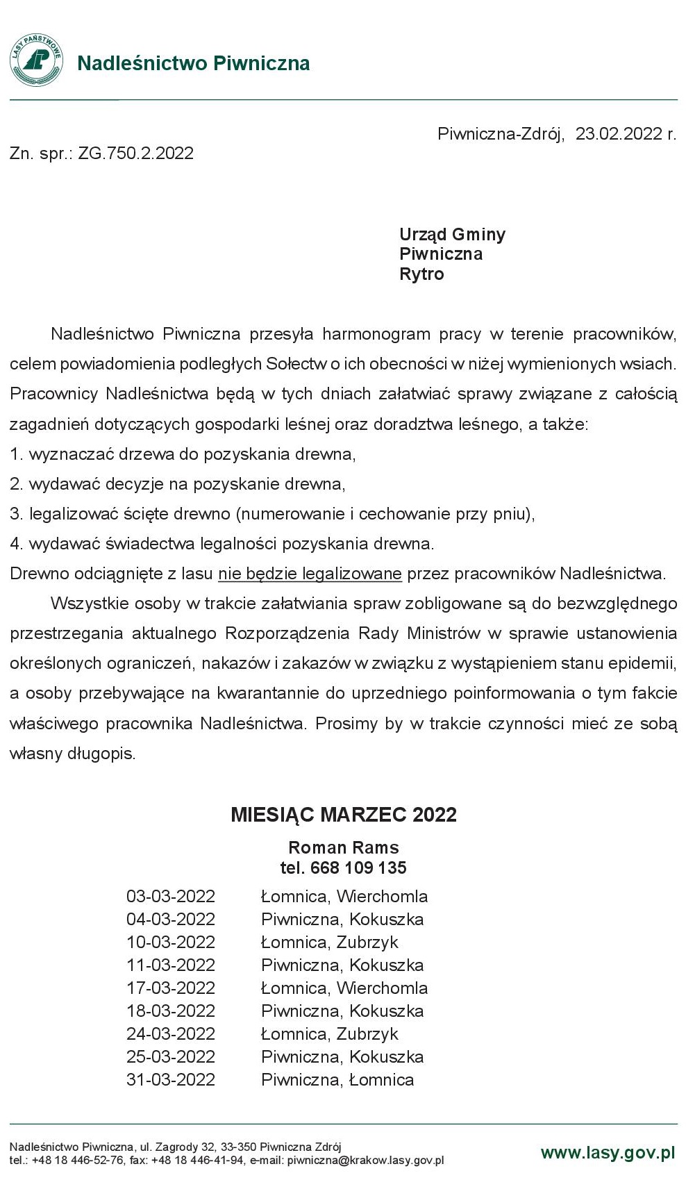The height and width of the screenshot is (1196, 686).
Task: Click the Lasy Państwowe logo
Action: pos(36,60)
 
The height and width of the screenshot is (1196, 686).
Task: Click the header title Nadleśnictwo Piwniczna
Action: pos(193,63)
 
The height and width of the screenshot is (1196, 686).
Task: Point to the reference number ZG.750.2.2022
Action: pos(135,153)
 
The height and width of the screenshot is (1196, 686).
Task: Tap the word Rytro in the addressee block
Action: pos(421,274)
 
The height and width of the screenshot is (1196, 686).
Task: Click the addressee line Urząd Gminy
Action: pos(452,234)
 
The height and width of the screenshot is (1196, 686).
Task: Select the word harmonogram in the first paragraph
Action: pos(376,334)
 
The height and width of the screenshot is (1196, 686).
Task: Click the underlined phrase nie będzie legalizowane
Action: pos(310,574)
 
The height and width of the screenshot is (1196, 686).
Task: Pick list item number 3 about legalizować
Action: pos(272,514)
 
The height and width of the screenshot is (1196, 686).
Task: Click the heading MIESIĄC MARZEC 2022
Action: pos(344,815)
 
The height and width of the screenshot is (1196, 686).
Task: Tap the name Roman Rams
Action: pos(344,848)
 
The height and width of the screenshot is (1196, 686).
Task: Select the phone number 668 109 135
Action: pos(358,868)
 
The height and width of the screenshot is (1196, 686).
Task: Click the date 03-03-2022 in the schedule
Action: pos(171,897)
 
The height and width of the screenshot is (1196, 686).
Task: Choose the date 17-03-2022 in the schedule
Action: pos(171,988)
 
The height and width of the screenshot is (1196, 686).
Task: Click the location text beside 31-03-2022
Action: pos(337,1080)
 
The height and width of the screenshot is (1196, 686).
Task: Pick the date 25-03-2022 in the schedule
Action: pos(171,1057)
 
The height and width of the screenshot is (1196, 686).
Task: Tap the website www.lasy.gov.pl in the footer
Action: pos(608,1153)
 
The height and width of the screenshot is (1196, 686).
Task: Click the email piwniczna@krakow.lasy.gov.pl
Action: pos(365,1160)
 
